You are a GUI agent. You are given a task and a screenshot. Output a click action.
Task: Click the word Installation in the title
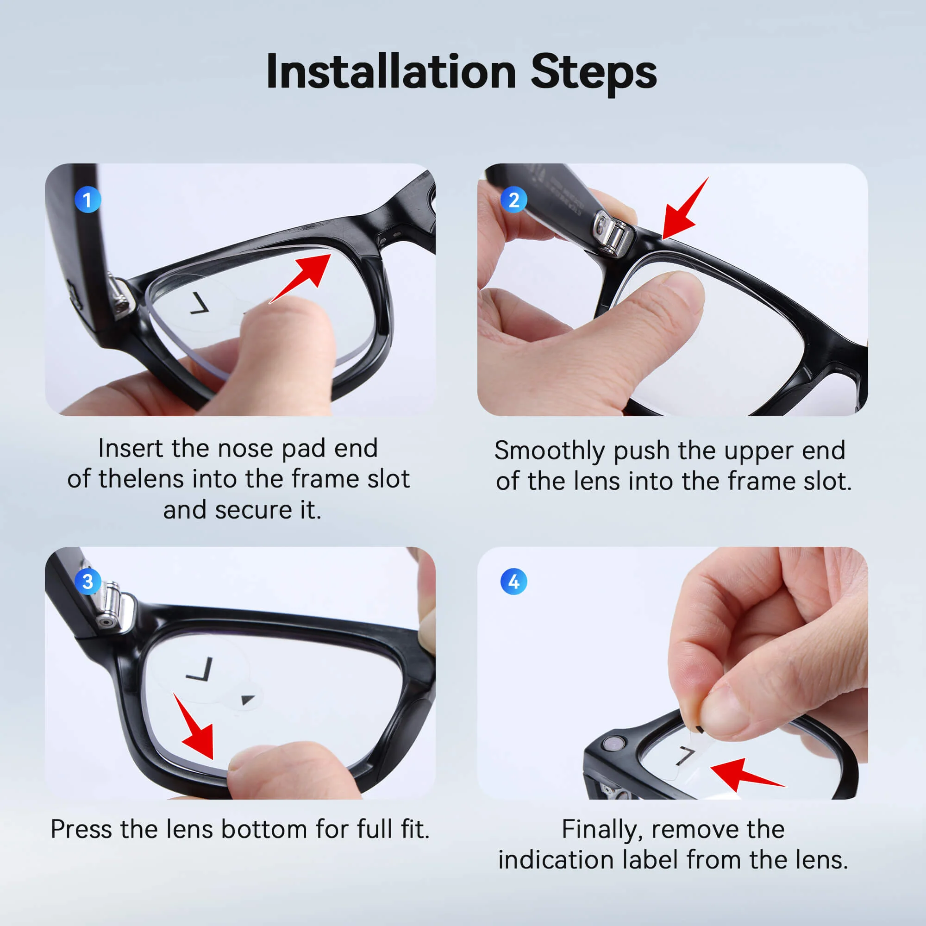(391, 72)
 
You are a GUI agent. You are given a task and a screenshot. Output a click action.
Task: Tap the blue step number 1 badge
(88, 200)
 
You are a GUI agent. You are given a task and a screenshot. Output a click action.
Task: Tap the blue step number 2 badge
(513, 200)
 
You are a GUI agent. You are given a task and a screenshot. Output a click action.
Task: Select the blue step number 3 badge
(88, 582)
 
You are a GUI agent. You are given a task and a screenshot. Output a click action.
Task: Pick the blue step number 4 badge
(513, 582)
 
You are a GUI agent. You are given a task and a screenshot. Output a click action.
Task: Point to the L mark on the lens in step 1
(200, 303)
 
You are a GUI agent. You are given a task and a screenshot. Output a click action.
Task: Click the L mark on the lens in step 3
(201, 669)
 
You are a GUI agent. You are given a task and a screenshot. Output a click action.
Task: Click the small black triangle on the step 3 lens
(247, 699)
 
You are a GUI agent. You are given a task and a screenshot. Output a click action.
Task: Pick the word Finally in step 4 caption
(601, 829)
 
